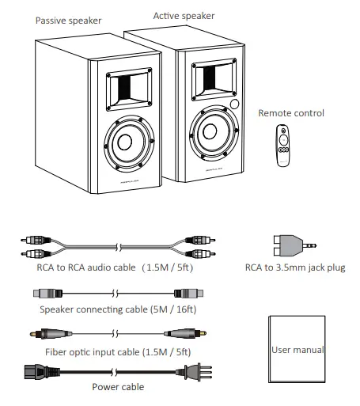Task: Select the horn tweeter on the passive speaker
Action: click(x=127, y=85)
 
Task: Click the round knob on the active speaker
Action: click(x=236, y=104)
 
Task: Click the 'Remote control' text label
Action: click(x=291, y=113)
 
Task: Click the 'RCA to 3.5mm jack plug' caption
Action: click(x=295, y=268)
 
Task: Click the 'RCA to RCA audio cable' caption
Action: click(x=104, y=268)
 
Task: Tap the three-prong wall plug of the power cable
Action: click(x=192, y=370)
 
